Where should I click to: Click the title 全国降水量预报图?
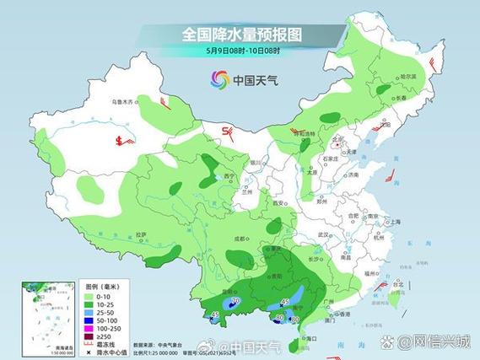click(241, 35)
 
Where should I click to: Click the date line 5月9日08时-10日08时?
click(241, 51)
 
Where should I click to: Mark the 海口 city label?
click(310, 338)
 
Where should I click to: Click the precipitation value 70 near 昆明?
click(235, 301)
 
